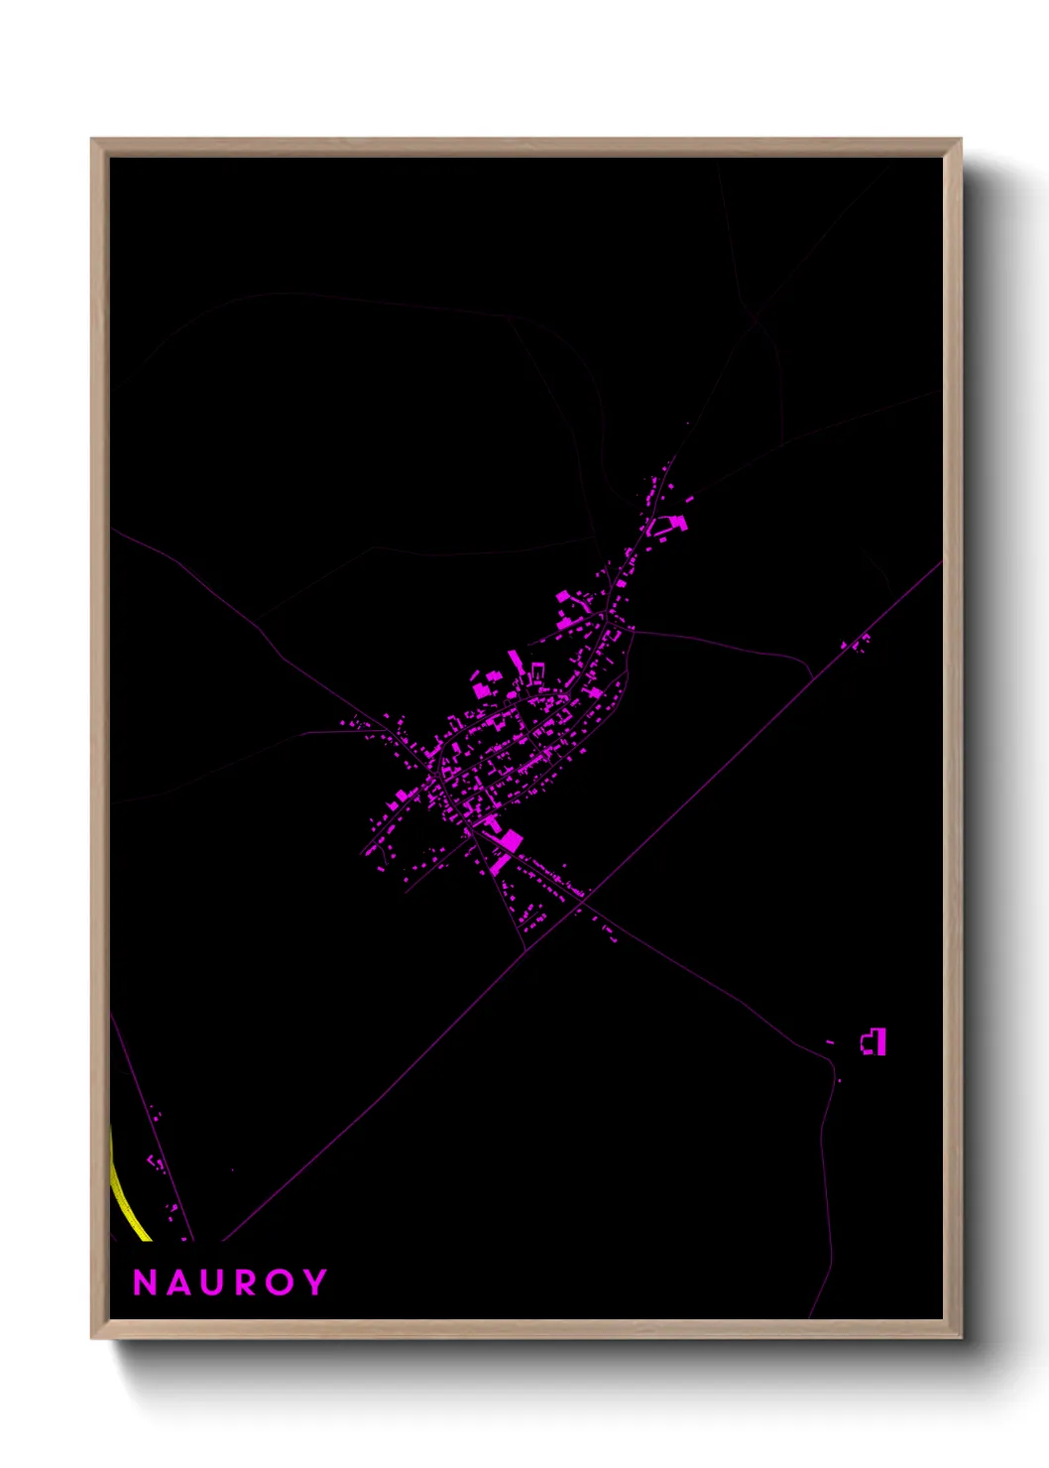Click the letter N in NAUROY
tap(145, 1283)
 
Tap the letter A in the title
tap(178, 1283)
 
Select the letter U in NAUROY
tap(212, 1283)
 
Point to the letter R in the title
tap(245, 1283)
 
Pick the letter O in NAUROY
tap(280, 1283)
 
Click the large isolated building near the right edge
tap(874, 1041)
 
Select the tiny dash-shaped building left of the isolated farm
tap(830, 1041)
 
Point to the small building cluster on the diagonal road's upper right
tap(857, 644)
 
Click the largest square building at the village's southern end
tap(509, 841)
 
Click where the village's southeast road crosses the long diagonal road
tap(585, 898)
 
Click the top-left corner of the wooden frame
tap(92, 140)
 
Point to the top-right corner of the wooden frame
tap(961, 140)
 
